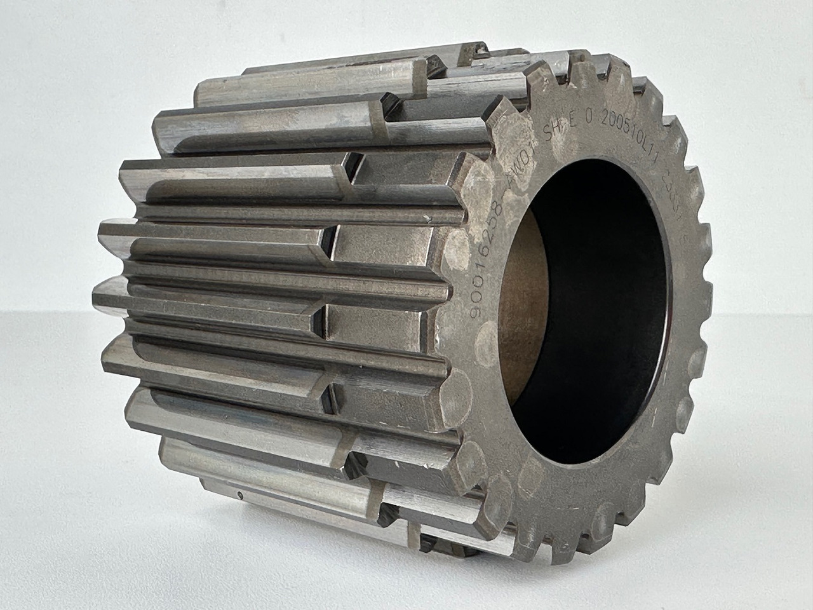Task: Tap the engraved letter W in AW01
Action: tap(518, 169)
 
